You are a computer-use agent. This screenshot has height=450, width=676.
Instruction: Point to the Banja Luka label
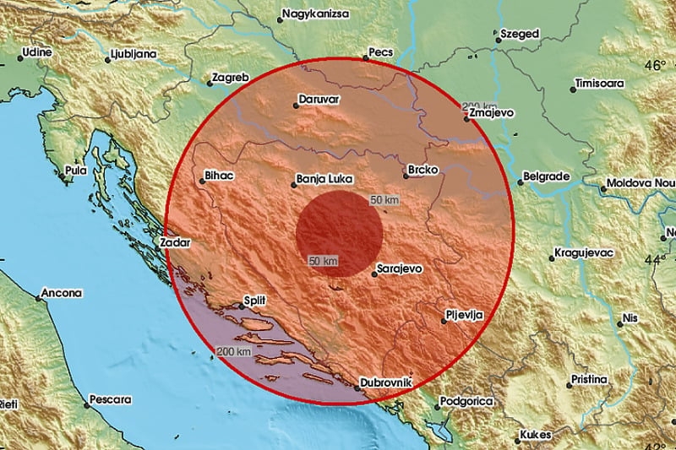point(324,179)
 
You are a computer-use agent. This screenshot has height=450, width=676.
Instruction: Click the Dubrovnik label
point(385,383)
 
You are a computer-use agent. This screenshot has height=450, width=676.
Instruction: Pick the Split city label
point(254,300)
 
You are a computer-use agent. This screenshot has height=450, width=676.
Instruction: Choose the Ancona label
point(63,294)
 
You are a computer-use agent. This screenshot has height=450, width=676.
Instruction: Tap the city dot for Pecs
point(366,57)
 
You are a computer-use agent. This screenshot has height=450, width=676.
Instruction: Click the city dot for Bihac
point(199,179)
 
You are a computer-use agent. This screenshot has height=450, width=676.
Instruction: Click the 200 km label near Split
point(234,350)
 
